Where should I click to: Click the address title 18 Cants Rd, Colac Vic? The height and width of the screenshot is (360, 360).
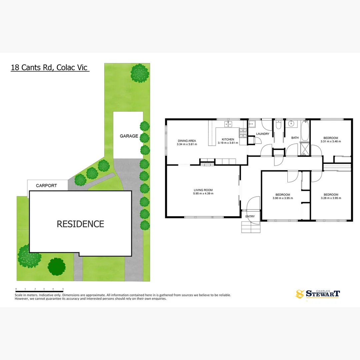[x=49, y=67]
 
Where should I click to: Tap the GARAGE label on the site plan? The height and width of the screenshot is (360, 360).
[x=129, y=136]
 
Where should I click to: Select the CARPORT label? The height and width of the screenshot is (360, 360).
[x=46, y=186]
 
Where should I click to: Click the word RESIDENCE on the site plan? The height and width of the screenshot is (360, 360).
[x=80, y=224]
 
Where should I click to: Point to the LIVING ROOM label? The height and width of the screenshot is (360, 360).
[x=203, y=190]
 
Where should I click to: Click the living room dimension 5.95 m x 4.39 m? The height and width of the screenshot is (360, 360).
[x=203, y=194]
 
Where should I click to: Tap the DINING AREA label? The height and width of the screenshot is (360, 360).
[x=187, y=141]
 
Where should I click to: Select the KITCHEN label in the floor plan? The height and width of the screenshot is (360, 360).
[x=228, y=139]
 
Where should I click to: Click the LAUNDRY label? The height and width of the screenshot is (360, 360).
[x=263, y=134]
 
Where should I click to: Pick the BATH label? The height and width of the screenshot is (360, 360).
[x=295, y=138]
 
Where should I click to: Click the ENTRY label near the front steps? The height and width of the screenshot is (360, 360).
[x=250, y=216]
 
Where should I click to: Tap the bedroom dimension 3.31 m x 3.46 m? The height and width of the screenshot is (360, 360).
[x=331, y=141]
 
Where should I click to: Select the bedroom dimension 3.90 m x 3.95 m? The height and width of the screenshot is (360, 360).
[x=283, y=198]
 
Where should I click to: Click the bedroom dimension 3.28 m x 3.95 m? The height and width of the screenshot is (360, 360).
[x=331, y=198]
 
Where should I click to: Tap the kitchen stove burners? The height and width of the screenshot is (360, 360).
[x=243, y=133]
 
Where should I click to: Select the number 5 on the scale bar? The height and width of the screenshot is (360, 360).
[x=63, y=289]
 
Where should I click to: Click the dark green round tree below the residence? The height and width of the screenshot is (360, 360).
[x=57, y=266]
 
